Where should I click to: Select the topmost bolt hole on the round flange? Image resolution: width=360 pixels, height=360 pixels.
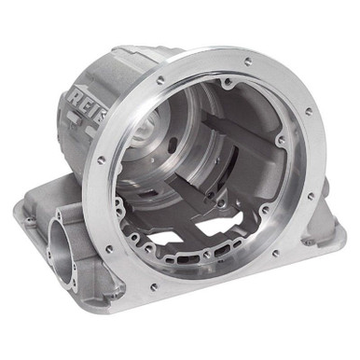tap(248, 62)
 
